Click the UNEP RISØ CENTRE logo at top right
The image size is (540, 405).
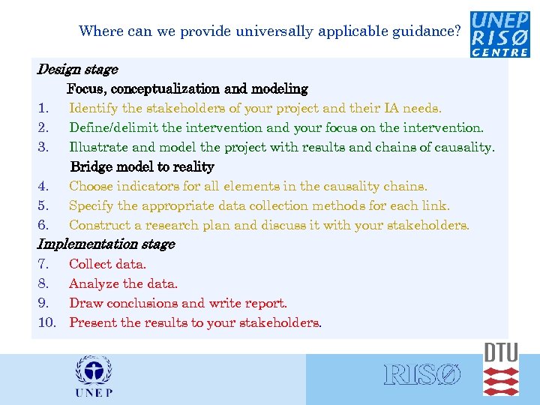(x=500, y=34)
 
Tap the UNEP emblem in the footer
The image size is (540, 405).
(x=94, y=377)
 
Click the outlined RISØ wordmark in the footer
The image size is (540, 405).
(x=421, y=375)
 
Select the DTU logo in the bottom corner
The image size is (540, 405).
(x=501, y=369)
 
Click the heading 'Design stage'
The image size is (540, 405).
(x=77, y=70)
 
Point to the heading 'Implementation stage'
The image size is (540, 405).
(x=106, y=244)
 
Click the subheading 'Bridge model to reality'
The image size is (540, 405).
(x=142, y=166)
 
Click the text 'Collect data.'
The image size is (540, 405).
(x=107, y=264)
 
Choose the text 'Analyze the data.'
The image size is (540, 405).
(x=123, y=283)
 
